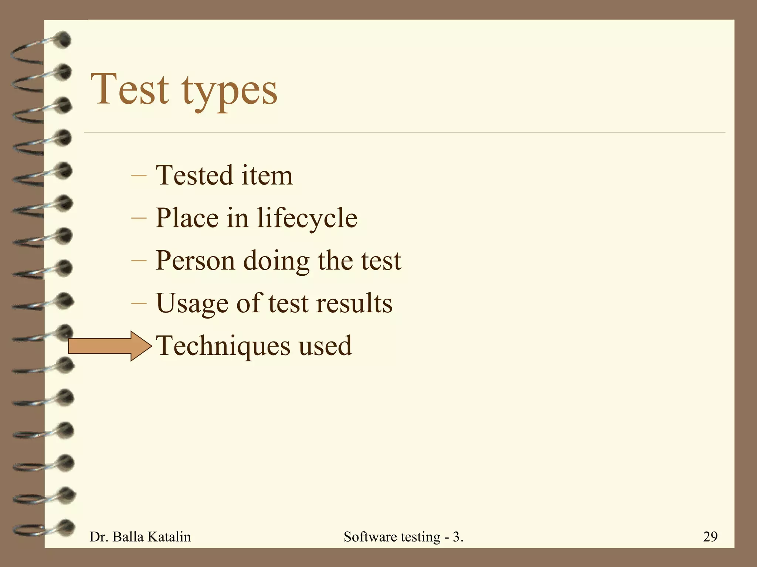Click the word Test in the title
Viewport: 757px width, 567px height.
click(130, 89)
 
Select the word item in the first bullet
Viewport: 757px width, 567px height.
click(267, 175)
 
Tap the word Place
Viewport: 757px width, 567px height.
click(187, 218)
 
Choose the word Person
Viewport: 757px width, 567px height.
click(195, 261)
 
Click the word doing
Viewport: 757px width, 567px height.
click(276, 261)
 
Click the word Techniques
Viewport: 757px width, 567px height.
click(223, 346)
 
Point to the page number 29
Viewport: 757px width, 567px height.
click(710, 536)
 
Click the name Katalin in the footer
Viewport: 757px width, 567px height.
click(169, 537)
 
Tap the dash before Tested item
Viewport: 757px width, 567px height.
click(139, 176)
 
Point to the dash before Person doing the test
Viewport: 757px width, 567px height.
click(139, 261)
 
